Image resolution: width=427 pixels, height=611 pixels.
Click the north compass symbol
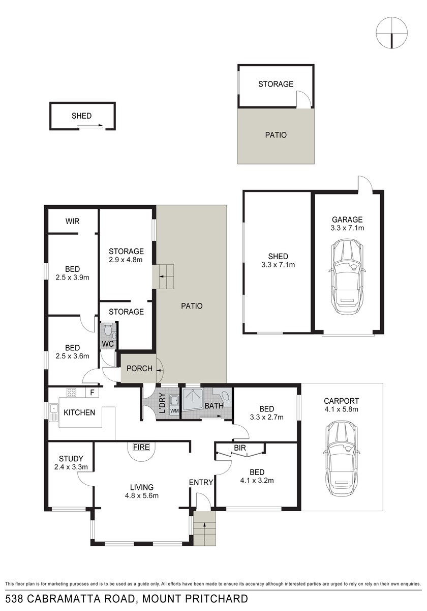391,33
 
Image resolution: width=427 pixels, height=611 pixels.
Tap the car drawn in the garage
347,276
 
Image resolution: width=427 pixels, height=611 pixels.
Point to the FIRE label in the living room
141,447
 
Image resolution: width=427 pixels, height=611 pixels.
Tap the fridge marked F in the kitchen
92,393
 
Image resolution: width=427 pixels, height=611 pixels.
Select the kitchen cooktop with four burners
72,393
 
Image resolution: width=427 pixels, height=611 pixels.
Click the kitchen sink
54,411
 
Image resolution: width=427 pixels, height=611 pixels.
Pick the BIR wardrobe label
239,448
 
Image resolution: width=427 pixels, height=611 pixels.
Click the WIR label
72,221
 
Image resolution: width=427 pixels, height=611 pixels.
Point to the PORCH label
139,369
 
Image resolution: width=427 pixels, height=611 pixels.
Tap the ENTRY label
201,483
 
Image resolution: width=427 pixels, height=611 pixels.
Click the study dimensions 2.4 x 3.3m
71,467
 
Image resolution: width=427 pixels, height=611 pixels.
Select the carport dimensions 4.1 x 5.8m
341,409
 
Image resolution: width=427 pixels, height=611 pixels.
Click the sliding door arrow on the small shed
90,125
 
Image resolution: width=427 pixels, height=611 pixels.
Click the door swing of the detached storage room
303,98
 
